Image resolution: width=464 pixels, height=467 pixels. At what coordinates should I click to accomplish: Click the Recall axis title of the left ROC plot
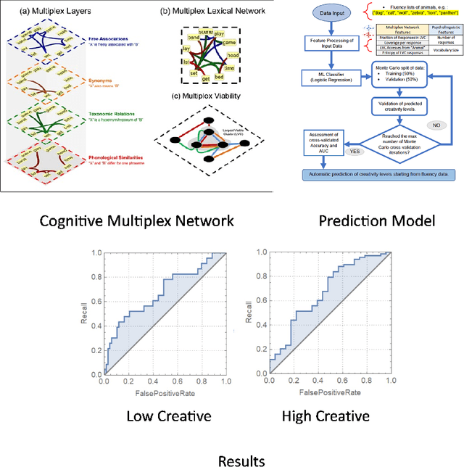(85, 315)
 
